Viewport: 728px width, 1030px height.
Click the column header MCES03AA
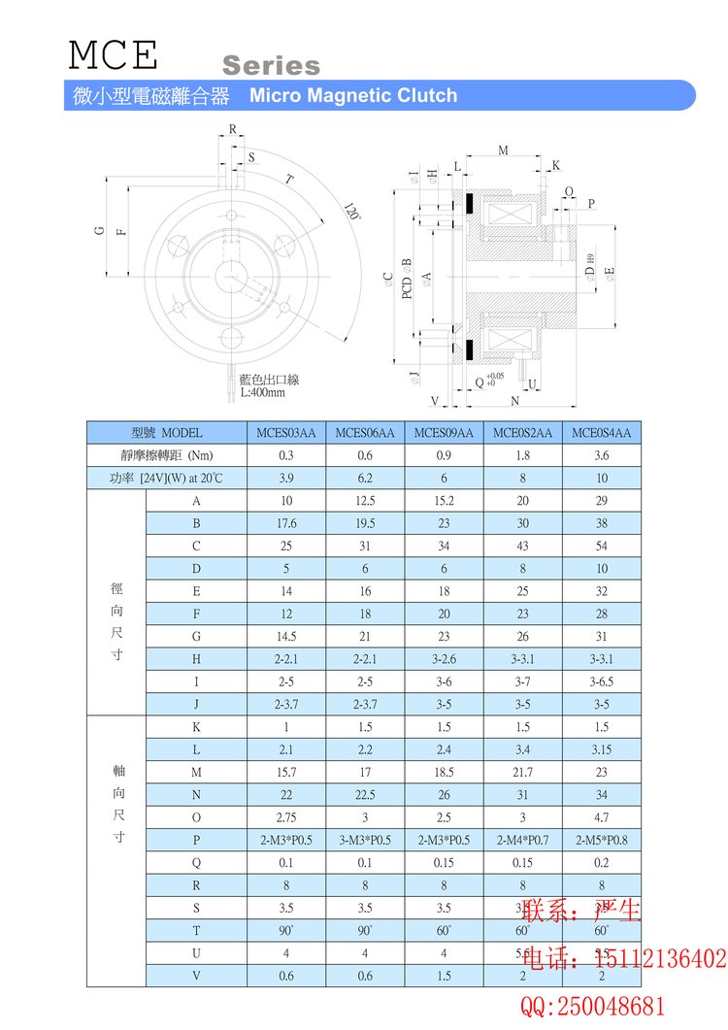pos(286,433)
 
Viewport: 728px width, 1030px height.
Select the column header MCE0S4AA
pos(602,433)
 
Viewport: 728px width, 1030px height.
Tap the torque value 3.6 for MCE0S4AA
pos(602,455)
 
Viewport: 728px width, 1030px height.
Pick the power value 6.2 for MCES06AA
pos(365,478)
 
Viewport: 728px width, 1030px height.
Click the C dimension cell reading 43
pos(523,546)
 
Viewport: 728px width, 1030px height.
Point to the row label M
pos(196,772)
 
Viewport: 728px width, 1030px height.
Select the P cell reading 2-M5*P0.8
pos(602,840)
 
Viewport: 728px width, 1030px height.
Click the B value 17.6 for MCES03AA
pos(286,523)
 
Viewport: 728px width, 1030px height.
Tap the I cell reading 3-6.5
pos(602,681)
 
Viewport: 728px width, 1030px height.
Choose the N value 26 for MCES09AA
pos(444,794)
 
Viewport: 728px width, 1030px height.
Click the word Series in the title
pos(271,66)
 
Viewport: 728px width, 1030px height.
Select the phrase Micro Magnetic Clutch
pos(353,95)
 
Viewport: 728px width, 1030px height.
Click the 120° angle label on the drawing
pos(351,213)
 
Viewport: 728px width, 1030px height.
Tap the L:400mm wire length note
pos(263,393)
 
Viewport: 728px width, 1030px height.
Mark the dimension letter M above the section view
pos(503,150)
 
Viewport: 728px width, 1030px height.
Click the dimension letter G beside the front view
pos(99,230)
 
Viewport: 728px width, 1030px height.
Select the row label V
pos(196,976)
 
